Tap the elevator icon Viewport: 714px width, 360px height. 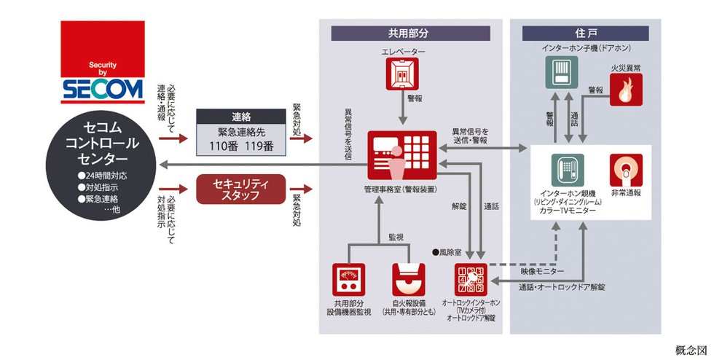(x=403, y=74)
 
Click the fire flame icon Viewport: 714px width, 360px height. (x=625, y=91)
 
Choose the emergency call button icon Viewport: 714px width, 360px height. (x=625, y=169)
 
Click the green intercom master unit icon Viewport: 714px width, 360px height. (x=568, y=171)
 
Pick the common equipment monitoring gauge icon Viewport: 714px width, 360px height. (x=349, y=280)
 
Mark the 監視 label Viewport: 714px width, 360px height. (x=396, y=238)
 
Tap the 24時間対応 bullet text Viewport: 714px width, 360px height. (x=103, y=177)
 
